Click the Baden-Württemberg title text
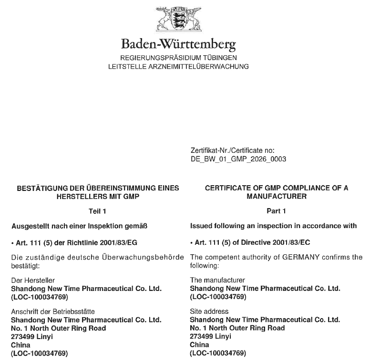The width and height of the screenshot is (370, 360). pyautogui.click(x=178, y=46)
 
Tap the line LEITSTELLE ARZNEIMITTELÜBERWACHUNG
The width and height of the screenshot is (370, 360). pyautogui.click(x=178, y=67)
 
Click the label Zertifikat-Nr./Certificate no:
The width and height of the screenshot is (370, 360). pyautogui.click(x=231, y=151)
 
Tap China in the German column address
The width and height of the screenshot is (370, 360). pyautogui.click(x=20, y=345)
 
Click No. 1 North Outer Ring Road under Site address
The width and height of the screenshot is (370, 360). pyautogui.click(x=237, y=329)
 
